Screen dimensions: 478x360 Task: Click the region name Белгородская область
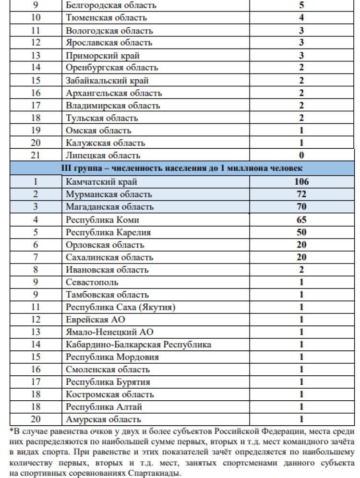pyautogui.click(x=111, y=6)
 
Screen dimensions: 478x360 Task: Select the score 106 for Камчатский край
pyautogui.click(x=301, y=182)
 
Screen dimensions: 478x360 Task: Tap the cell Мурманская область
pyautogui.click(x=109, y=194)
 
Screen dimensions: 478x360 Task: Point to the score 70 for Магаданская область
pyautogui.click(x=301, y=207)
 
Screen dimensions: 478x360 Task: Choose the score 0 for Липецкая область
pyautogui.click(x=301, y=155)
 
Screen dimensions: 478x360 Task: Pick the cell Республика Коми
pyautogui.click(x=97, y=220)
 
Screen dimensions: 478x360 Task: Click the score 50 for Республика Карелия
pyautogui.click(x=301, y=232)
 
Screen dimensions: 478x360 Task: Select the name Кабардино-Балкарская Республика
pyautogui.click(x=138, y=345)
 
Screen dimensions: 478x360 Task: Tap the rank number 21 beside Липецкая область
pyautogui.click(x=36, y=155)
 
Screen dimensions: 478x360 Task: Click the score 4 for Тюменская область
pyautogui.click(x=301, y=18)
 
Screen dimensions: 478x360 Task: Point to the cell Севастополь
pyautogui.click(x=92, y=282)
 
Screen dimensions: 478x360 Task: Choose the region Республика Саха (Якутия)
pyautogui.click(x=120, y=307)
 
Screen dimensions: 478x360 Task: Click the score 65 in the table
pyautogui.click(x=301, y=220)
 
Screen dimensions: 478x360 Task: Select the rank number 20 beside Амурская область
pyautogui.click(x=36, y=419)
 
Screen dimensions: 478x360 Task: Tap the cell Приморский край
pyautogui.click(x=96, y=55)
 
